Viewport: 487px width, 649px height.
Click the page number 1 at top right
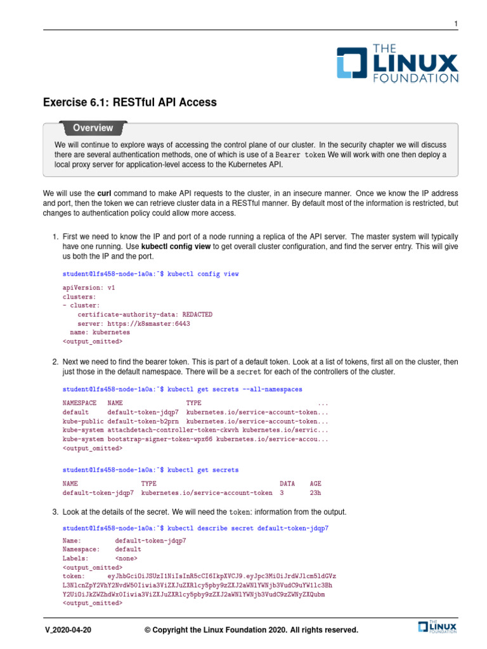pyautogui.click(x=455, y=24)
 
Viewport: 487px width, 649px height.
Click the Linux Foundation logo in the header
pyautogui.click(x=397, y=63)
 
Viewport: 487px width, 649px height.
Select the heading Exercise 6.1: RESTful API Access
pyautogui.click(x=129, y=102)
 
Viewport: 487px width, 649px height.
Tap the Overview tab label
pyautogui.click(x=93, y=128)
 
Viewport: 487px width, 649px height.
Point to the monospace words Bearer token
pyautogui.click(x=300, y=155)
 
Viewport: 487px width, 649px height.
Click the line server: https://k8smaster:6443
pyautogui.click(x=133, y=323)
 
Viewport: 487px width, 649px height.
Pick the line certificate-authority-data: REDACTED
pyautogui.click(x=145, y=314)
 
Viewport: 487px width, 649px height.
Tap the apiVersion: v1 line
pyautogui.click(x=89, y=287)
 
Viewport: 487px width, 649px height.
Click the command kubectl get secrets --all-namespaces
pyautogui.click(x=234, y=389)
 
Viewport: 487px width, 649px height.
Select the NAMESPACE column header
pyautogui.click(x=79, y=403)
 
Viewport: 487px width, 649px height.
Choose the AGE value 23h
pyautogui.click(x=315, y=492)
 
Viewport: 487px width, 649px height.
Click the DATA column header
pyautogui.click(x=287, y=483)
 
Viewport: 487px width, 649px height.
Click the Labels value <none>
pyautogui.click(x=128, y=558)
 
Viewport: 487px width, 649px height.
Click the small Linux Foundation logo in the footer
pyautogui.click(x=438, y=627)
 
